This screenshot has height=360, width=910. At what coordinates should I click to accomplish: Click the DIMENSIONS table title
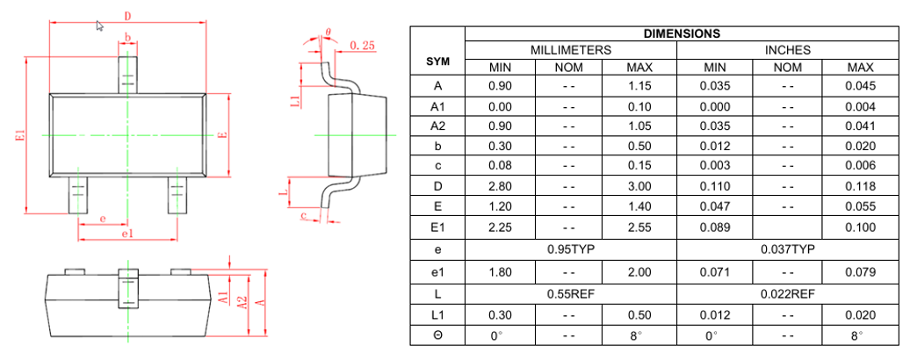point(682,34)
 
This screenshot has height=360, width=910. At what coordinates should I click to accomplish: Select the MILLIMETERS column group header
point(571,51)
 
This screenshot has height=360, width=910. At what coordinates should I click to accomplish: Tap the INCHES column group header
point(788,51)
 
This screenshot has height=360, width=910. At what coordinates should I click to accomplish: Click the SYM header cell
point(437,61)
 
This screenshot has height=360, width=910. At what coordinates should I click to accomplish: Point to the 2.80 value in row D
point(500,186)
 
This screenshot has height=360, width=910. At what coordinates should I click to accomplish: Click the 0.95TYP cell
point(571,249)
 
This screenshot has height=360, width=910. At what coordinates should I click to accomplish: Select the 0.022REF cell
point(788,293)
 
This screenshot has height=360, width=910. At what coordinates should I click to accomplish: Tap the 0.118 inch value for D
point(860,186)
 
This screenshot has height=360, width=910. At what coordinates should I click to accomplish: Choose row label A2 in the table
point(437,126)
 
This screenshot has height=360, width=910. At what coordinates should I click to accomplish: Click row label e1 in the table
point(437,272)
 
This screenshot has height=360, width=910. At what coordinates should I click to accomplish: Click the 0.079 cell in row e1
point(860,272)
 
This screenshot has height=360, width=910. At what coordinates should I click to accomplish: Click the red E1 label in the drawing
point(19,136)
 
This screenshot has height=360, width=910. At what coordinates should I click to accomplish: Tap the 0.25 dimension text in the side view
point(362,45)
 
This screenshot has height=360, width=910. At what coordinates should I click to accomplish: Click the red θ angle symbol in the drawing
point(328,32)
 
